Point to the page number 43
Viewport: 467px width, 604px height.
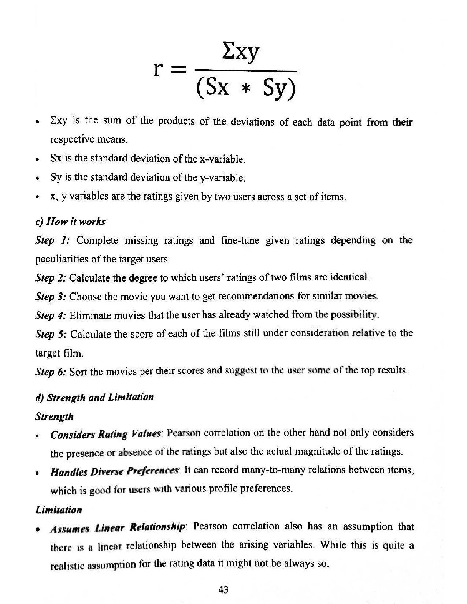pyautogui.click(x=223, y=590)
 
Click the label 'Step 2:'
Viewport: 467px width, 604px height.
pyautogui.click(x=51, y=277)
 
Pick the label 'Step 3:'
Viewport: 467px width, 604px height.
pyautogui.click(x=51, y=296)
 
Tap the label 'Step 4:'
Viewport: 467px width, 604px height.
pyautogui.click(x=51, y=315)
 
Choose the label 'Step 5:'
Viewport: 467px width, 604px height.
pyautogui.click(x=51, y=334)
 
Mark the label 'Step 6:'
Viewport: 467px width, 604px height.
pyautogui.click(x=51, y=372)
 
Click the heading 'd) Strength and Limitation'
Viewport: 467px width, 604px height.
pyautogui.click(x=94, y=397)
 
